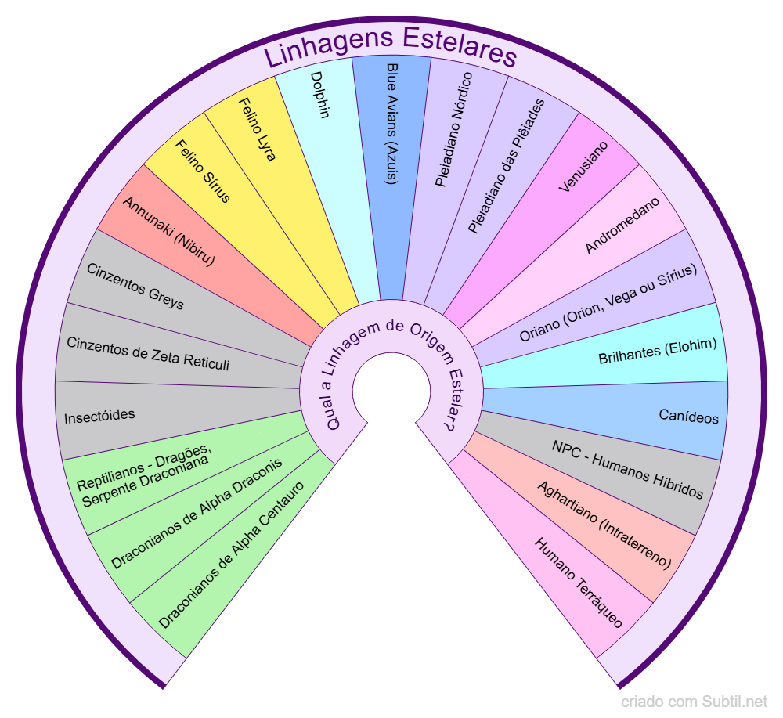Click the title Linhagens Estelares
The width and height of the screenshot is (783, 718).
pyautogui.click(x=390, y=55)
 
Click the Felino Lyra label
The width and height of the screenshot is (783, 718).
pyautogui.click(x=257, y=129)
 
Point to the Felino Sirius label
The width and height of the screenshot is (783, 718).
pyautogui.click(x=202, y=171)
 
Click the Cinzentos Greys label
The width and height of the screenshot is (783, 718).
pyautogui.click(x=135, y=287)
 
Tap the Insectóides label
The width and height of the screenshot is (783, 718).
pyautogui.click(x=99, y=414)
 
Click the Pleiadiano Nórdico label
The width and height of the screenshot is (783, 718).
pyautogui.click(x=453, y=129)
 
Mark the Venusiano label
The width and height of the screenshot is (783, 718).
pyautogui.click(x=583, y=167)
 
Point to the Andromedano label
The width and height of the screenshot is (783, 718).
pyautogui.click(x=622, y=225)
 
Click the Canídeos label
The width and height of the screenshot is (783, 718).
pyautogui.click(x=689, y=417)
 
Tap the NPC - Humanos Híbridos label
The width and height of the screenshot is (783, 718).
pyautogui.click(x=627, y=470)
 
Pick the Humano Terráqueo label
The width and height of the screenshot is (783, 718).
pyautogui.click(x=579, y=583)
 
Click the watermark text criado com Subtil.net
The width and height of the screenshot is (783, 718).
pyautogui.click(x=695, y=702)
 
